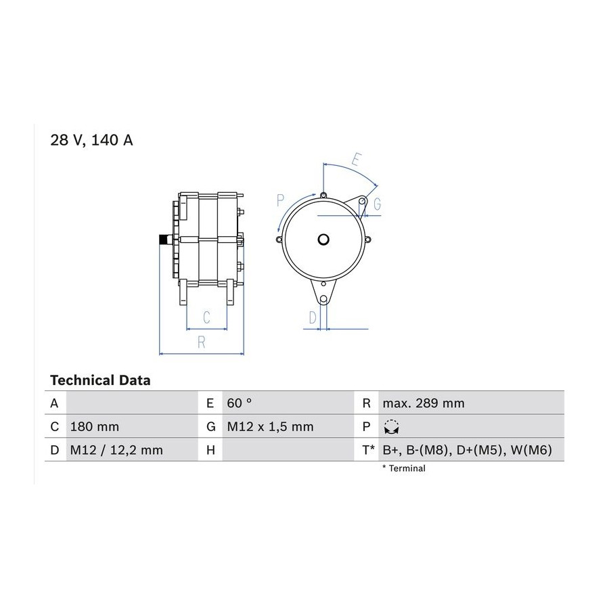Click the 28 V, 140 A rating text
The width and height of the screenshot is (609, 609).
(x=91, y=140)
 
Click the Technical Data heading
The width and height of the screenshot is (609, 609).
(x=100, y=380)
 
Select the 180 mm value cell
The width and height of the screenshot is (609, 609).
(x=94, y=427)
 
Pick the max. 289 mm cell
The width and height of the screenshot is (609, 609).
(x=424, y=403)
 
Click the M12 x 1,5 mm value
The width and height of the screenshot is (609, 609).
(x=270, y=427)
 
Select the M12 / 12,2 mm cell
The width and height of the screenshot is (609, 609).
(x=116, y=450)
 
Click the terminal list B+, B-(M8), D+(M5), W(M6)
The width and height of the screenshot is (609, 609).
(x=467, y=450)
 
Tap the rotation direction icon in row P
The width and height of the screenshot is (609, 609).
(x=392, y=427)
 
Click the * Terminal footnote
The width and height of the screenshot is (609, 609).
(x=404, y=468)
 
